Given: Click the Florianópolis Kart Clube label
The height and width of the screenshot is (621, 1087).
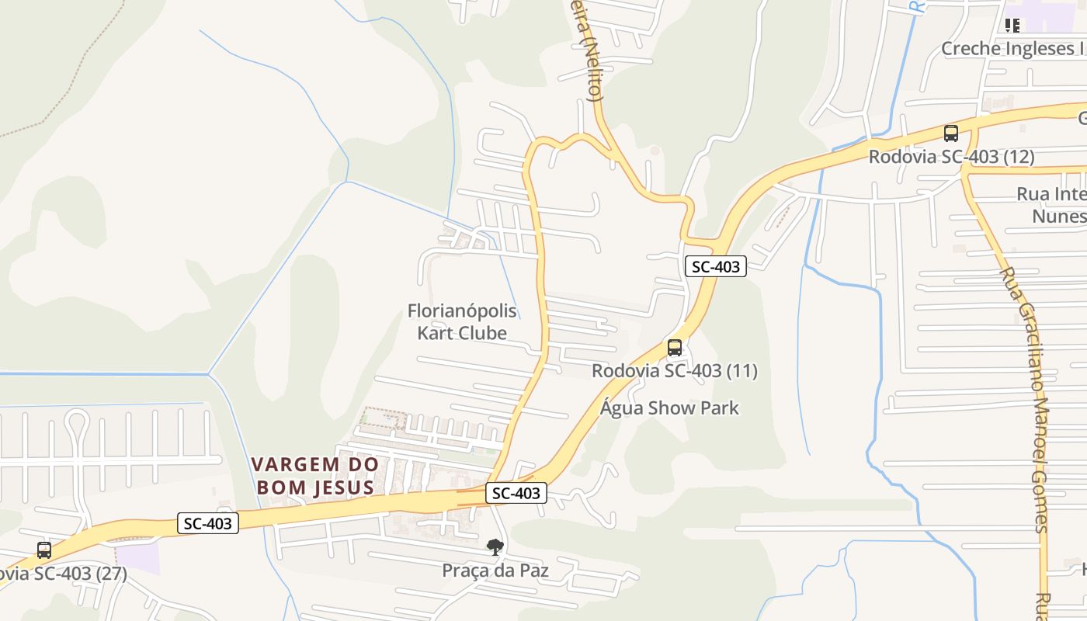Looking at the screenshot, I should (x=462, y=322).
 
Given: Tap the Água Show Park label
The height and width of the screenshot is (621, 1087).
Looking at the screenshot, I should (x=669, y=408).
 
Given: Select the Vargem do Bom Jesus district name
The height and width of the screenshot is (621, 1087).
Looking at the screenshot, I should (x=315, y=476).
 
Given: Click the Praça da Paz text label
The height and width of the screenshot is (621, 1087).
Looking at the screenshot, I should (x=495, y=571).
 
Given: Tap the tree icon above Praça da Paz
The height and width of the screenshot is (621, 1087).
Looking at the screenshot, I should (x=495, y=547).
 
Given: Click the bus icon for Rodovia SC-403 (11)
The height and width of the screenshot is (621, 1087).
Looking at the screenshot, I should (x=675, y=348).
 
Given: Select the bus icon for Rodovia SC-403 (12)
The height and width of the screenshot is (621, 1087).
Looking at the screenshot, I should (x=951, y=134).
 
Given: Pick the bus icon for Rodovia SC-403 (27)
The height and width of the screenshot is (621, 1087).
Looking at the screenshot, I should (x=44, y=550).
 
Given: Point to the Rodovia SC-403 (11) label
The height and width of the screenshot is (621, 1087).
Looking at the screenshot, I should (x=674, y=371).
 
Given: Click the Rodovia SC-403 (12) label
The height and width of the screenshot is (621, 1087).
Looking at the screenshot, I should (x=951, y=157).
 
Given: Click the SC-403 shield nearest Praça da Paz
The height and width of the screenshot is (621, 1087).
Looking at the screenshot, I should (x=516, y=493).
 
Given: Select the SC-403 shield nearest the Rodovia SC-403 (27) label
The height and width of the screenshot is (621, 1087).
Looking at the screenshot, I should (x=207, y=523).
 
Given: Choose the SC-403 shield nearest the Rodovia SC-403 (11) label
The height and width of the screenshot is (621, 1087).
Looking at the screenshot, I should (x=715, y=267).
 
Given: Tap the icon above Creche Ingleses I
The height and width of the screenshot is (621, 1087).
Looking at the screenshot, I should (x=1012, y=26).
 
